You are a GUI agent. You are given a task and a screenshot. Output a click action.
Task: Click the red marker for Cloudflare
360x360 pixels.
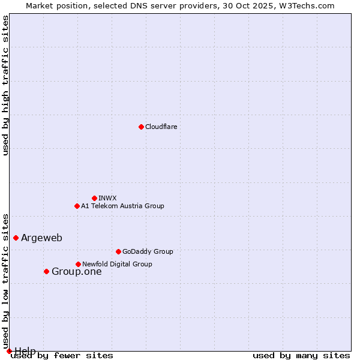[141, 127]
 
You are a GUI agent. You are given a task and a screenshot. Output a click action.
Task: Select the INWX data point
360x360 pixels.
[94, 198]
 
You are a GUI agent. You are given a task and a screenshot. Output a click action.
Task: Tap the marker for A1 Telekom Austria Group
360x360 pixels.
[77, 206]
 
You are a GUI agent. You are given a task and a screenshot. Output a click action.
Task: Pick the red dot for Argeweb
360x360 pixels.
[16, 238]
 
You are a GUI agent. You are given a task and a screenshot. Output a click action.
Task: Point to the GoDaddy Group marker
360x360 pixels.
[118, 251]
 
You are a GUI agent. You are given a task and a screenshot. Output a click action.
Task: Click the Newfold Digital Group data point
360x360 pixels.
[78, 264]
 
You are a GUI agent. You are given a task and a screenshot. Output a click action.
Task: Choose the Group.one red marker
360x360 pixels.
[46, 271]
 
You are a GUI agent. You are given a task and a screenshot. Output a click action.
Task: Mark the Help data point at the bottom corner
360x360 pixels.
[9, 351]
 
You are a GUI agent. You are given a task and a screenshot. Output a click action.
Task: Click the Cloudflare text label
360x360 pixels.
[161, 127]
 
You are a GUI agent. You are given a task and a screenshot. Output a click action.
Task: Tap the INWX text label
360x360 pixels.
[107, 198]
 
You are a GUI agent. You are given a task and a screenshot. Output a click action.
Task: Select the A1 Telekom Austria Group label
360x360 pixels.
[122, 206]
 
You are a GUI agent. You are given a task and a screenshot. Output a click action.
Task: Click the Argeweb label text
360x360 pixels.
[41, 238]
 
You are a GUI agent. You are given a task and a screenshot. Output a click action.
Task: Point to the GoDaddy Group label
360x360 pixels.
[148, 251]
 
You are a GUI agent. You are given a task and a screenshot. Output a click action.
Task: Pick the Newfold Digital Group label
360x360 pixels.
[117, 264]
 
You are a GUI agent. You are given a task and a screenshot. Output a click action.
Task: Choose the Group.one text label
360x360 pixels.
[76, 271]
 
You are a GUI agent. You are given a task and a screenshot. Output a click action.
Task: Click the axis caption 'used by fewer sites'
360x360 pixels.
[62, 355]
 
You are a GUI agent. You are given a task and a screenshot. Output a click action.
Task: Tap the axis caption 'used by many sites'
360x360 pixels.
[301, 355]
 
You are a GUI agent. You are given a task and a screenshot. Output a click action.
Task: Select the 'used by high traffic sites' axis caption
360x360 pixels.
[5, 85]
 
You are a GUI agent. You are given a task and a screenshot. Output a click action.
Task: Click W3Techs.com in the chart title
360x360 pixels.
[305, 5]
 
